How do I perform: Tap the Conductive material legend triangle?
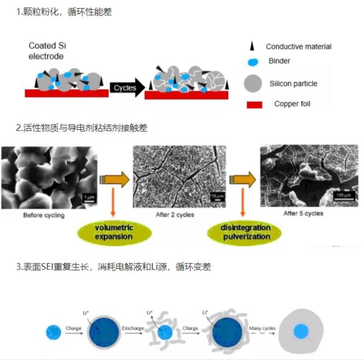[x=252, y=46]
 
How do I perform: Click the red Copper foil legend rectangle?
[x=254, y=105]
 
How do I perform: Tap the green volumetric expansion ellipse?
[x=114, y=232]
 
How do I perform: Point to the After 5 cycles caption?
[x=303, y=214]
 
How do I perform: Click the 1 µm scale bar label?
[x=89, y=197]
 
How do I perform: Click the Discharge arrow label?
[x=133, y=328]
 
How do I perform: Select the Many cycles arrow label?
[x=262, y=329]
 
